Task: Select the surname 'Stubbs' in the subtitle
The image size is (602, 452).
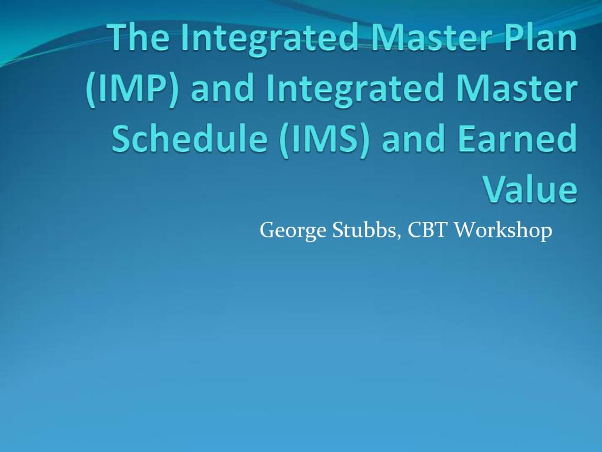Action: [x=364, y=230]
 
